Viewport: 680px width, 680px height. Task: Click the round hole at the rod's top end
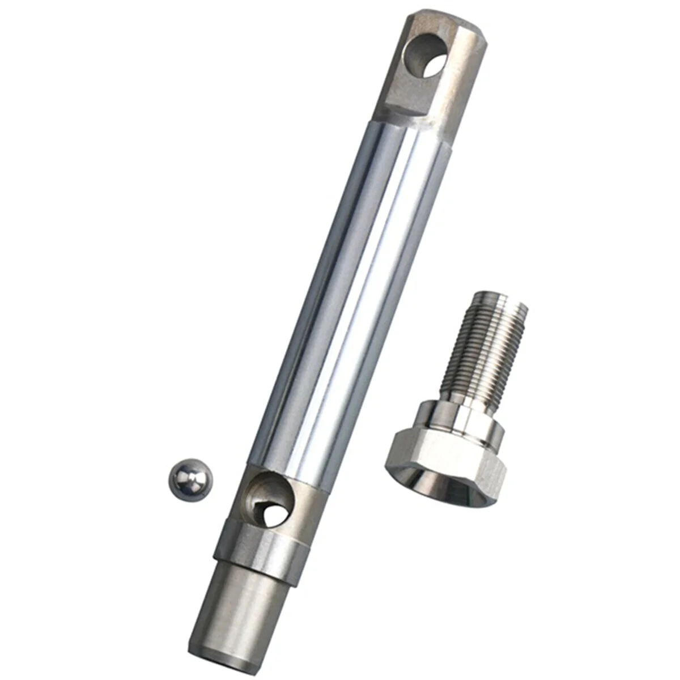pos(426,56)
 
